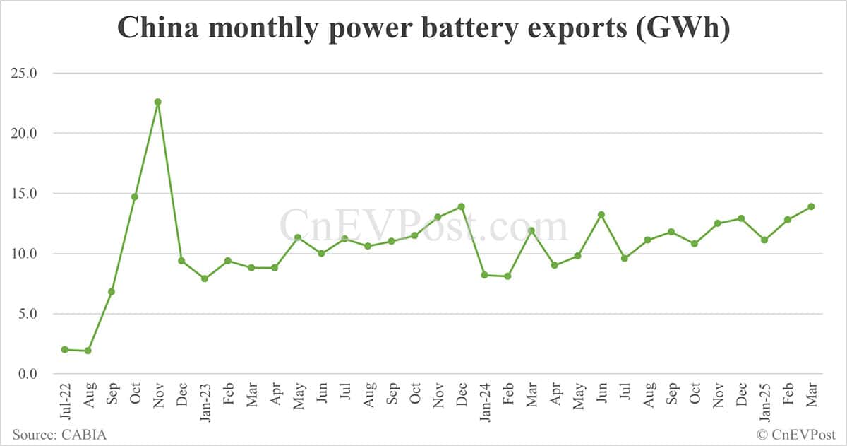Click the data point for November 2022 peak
tap(158, 102)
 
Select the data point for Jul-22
tap(65, 349)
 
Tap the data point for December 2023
tap(461, 206)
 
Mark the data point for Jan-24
tap(484, 275)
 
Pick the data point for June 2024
tap(601, 215)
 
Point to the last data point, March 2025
tap(811, 206)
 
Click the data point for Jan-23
tap(205, 278)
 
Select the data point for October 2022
tap(135, 196)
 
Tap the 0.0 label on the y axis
tap(27, 374)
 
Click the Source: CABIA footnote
tap(59, 434)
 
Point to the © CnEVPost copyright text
tap(795, 434)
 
